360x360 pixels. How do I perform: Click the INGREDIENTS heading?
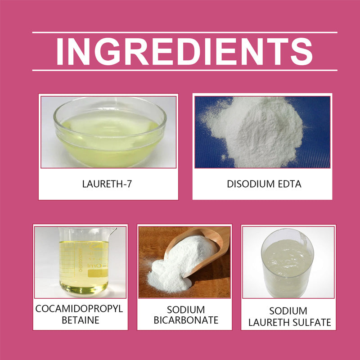[184, 51]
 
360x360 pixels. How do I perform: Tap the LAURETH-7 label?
[107, 184]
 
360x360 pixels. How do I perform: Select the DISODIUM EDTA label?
[264, 184]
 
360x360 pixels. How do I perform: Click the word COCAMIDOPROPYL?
[79, 309]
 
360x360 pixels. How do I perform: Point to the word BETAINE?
[81, 320]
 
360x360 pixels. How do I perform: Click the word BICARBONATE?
[186, 320]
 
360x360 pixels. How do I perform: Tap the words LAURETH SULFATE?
[290, 322]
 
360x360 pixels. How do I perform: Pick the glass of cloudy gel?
[288, 263]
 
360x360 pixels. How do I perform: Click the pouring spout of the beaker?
[113, 230]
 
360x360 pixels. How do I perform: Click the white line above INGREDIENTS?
[185, 32]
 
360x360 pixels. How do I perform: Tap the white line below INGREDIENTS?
[185, 70]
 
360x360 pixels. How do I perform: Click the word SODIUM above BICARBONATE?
[186, 310]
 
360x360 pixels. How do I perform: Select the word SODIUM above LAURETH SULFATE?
[288, 311]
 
